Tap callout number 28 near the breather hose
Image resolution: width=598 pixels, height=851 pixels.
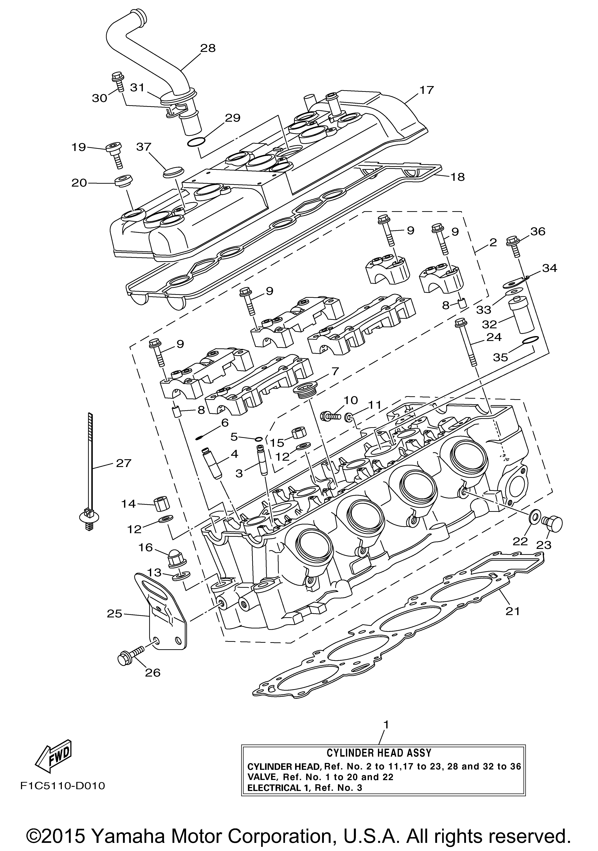(208, 48)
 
